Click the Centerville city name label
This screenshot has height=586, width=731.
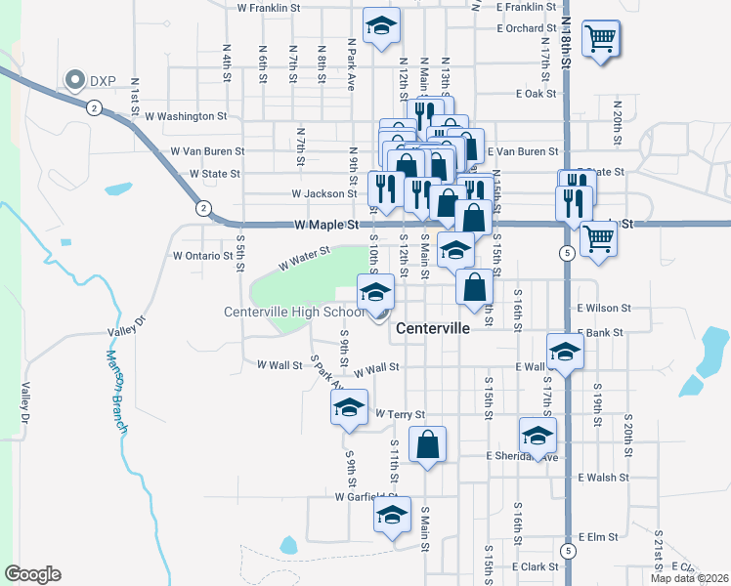433,329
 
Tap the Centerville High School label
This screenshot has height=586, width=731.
293,313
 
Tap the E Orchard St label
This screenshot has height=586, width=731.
526,28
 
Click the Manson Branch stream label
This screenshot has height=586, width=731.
117,391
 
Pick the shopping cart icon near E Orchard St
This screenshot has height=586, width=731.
600,40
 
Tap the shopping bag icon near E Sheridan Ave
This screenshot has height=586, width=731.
428,445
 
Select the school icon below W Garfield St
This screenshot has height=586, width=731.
393,515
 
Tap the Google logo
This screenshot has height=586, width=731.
32,574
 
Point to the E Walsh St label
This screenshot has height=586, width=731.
603,478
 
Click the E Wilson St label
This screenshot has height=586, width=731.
604,308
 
